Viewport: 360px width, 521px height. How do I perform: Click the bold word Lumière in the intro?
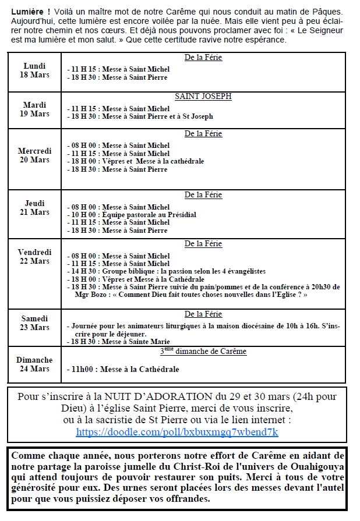(x=27, y=12)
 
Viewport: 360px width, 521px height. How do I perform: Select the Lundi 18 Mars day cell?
(x=35, y=70)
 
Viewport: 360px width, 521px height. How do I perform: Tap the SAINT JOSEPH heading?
(x=203, y=97)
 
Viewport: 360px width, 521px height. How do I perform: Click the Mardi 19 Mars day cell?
(x=35, y=109)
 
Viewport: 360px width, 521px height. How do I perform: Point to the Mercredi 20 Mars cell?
(x=35, y=155)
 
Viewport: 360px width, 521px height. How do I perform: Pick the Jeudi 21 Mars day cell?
(x=35, y=208)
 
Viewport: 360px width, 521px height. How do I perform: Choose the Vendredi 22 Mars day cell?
(x=35, y=257)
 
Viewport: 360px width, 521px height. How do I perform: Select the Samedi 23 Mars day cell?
(x=35, y=323)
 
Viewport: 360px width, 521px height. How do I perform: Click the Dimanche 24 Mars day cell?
(x=35, y=364)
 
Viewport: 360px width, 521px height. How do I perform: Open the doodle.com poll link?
(x=177, y=432)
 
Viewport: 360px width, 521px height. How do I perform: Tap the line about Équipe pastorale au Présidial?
(x=133, y=215)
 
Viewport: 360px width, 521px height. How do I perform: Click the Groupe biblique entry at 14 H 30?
(x=167, y=271)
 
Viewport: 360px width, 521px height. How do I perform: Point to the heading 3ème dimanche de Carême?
(x=203, y=352)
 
